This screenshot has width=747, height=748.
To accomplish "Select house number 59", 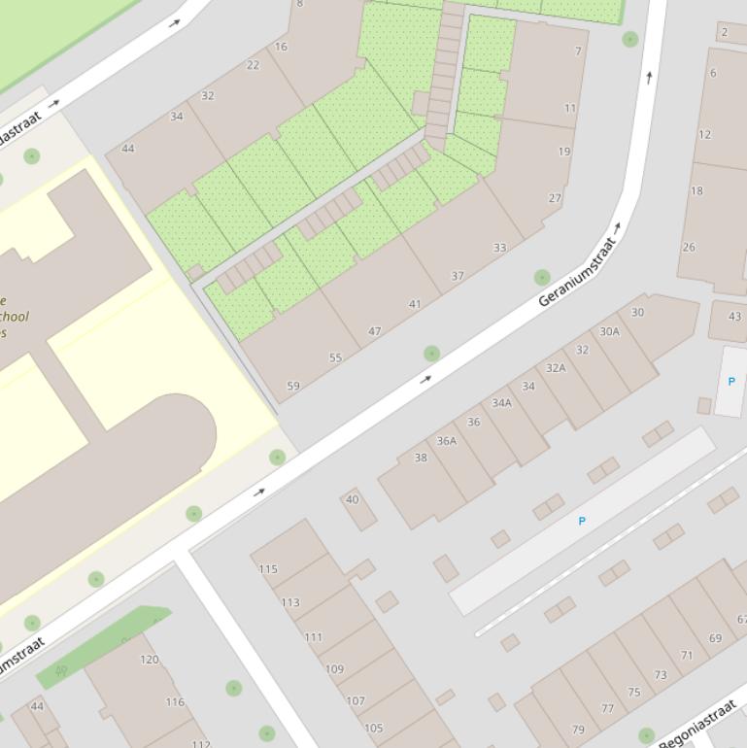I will (x=293, y=386).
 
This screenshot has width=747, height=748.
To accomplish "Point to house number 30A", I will (x=609, y=331).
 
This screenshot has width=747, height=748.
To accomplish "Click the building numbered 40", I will (x=353, y=499).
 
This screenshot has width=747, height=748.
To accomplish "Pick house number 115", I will (x=268, y=569).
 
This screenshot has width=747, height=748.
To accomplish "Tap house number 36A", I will (x=446, y=440).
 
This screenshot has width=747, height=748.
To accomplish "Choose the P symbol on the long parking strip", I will (x=582, y=522).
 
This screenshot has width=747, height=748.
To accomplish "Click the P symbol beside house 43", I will (x=731, y=381).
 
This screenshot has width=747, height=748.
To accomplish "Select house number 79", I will (x=578, y=730).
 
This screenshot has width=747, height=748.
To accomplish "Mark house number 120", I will (x=149, y=660).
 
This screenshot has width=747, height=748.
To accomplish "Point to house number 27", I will (x=555, y=198).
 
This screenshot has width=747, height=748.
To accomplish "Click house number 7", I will (x=578, y=51).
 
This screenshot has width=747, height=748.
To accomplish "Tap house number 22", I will (x=254, y=65).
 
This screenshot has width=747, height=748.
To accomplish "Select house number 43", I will (x=734, y=317).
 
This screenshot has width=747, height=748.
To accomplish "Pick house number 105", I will (x=373, y=728).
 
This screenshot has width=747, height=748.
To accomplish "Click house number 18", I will (x=696, y=190).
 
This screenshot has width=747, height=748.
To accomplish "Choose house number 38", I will (x=421, y=458).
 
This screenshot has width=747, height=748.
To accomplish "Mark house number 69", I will (x=715, y=638).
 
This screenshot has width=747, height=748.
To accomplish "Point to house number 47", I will (x=375, y=331).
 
